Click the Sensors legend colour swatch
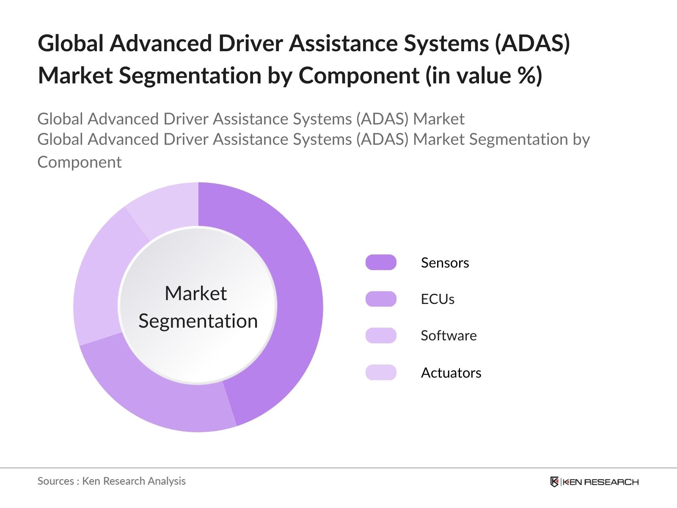coord(381,262)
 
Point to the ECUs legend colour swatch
coord(381,299)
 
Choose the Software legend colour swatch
coord(381,335)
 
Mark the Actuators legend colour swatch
coord(381,373)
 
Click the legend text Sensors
coord(445,263)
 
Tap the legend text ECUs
coord(438,299)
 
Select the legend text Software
coord(449,336)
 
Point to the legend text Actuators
coord(451,373)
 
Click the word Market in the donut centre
coord(195,293)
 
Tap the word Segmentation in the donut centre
coord(198,321)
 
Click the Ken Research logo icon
coord(554,482)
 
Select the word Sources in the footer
coord(55,481)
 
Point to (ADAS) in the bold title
coord(533,43)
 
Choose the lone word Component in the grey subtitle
coord(80,162)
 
